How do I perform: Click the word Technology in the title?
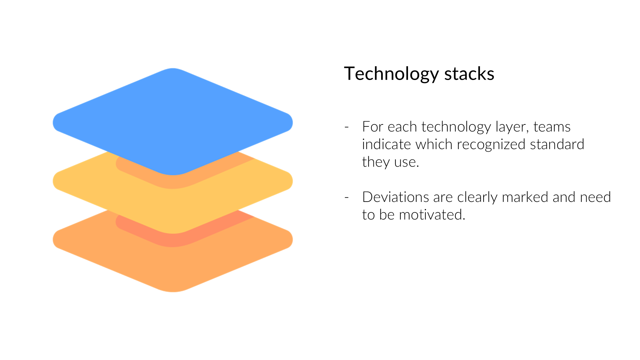pyautogui.click(x=391, y=74)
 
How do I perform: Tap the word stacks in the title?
pyautogui.click(x=469, y=74)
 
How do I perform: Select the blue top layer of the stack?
pyautogui.click(x=173, y=122)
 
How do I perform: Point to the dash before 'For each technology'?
pyautogui.click(x=347, y=127)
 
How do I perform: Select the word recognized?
pyautogui.click(x=491, y=144)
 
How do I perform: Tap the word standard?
pyautogui.click(x=557, y=144)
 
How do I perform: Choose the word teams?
pyautogui.click(x=552, y=127)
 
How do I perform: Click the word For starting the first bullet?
pyautogui.click(x=373, y=127)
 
